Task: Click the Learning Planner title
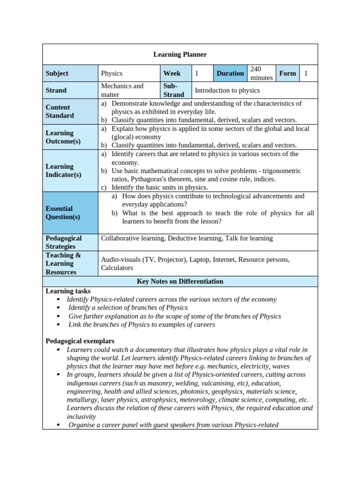(180, 54)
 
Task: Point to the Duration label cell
(230, 73)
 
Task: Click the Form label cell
(287, 73)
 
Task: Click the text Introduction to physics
(227, 90)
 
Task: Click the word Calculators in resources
(117, 268)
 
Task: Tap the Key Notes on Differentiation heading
(180, 281)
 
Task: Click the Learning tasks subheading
(68, 291)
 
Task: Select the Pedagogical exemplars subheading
(80, 341)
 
